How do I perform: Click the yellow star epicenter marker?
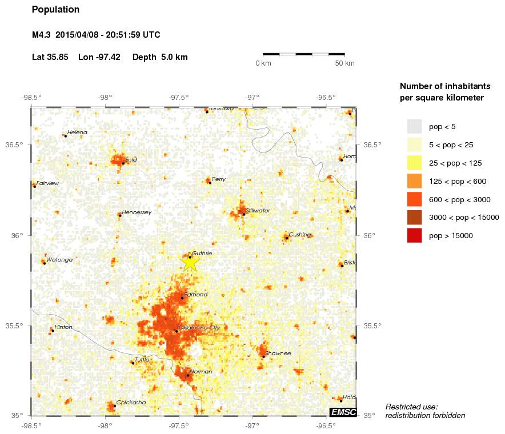click(x=190, y=262)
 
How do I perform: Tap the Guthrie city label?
click(x=202, y=253)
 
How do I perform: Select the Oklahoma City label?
click(x=199, y=328)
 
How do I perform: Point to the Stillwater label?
click(x=257, y=211)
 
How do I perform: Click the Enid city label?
click(x=131, y=159)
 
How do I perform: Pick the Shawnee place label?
click(x=278, y=353)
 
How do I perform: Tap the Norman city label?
click(x=201, y=372)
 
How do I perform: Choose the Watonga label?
click(x=59, y=260)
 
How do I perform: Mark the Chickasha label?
click(x=131, y=403)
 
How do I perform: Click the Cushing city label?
click(x=299, y=235)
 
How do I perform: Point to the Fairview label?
click(x=47, y=183)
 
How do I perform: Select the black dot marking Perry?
click(x=210, y=182)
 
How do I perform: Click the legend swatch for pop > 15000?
click(x=414, y=235)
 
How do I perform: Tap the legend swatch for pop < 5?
click(x=414, y=126)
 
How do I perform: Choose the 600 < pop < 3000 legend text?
click(x=459, y=199)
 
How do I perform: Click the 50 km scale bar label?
click(x=344, y=63)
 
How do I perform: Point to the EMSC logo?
click(x=344, y=412)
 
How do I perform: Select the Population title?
click(x=55, y=10)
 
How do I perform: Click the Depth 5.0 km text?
click(x=160, y=57)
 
